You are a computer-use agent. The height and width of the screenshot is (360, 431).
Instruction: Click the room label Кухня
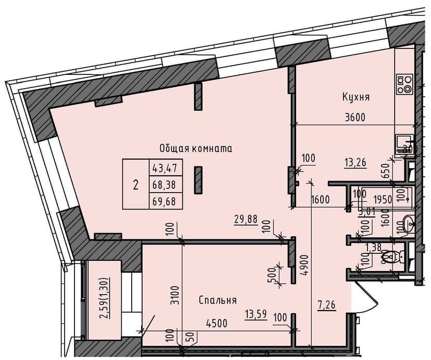[x=356, y=97]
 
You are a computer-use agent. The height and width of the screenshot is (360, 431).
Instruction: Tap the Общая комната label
[x=195, y=148]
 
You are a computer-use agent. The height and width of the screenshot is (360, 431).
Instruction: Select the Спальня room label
[x=218, y=300]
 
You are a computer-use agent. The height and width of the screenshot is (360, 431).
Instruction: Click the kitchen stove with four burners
[x=404, y=84]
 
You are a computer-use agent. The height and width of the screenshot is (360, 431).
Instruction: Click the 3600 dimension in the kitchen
[x=355, y=117]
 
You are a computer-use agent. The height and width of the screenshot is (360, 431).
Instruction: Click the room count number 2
[x=136, y=184]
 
